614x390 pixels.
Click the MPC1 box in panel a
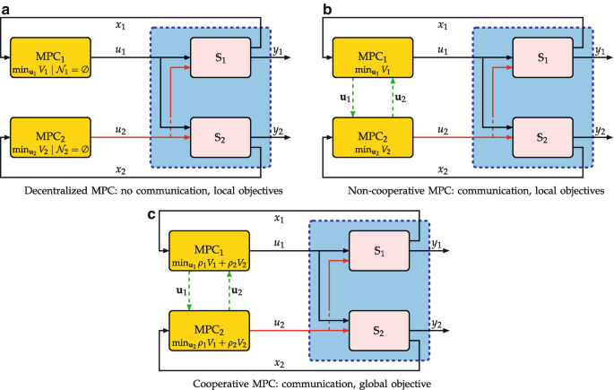[50, 57]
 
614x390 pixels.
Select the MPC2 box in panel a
[50, 137]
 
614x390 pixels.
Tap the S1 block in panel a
[221, 57]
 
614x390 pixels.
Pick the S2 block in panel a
[221, 137]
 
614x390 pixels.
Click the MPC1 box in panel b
[373, 57]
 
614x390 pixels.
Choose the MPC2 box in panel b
[373, 137]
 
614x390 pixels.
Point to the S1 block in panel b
[542, 57]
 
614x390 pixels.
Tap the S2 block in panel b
[542, 137]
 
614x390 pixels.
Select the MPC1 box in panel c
[209, 251]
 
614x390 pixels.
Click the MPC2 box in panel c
[209, 331]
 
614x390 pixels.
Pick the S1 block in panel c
[379, 251]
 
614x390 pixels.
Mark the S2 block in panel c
[379, 331]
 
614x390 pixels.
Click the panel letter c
[151, 214]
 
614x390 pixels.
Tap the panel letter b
[327, 9]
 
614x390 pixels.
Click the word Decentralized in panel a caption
[56, 191]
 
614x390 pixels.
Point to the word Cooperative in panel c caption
[218, 384]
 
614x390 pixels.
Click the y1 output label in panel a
[278, 50]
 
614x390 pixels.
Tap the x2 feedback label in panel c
[279, 363]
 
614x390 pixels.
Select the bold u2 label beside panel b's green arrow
[401, 98]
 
